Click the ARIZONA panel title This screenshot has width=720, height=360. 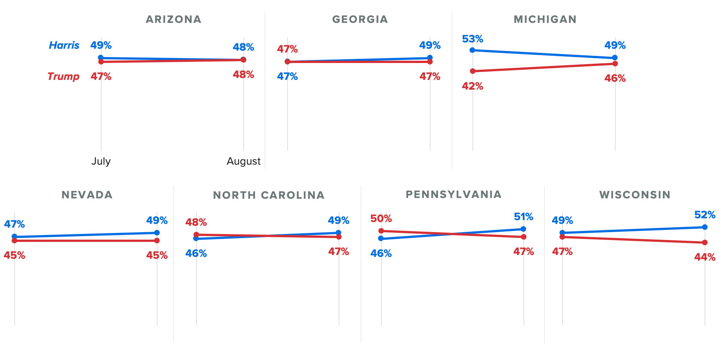(x=173, y=19)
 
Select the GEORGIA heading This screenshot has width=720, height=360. (x=360, y=19)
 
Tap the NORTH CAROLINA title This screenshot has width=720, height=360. (x=268, y=195)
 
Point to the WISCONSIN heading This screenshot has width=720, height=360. (x=634, y=195)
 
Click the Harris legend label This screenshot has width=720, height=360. (x=64, y=45)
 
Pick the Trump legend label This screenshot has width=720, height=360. (x=63, y=76)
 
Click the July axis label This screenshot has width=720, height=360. (x=101, y=161)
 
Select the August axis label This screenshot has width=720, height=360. (x=243, y=161)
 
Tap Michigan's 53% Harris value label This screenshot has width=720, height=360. (x=472, y=39)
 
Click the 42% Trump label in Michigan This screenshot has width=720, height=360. (x=472, y=86)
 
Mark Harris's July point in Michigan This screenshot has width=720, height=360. (x=472, y=50)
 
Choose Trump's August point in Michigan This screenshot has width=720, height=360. (x=615, y=64)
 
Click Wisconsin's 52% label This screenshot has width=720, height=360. (x=705, y=215)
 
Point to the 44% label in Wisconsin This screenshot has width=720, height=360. (x=705, y=257)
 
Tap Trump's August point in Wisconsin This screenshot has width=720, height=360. (x=705, y=243)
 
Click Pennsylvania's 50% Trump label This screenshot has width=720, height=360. (x=381, y=219)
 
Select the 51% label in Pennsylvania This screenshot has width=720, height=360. (x=523, y=217)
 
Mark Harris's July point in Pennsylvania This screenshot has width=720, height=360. (x=381, y=238)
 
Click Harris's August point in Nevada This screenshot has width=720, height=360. (x=157, y=232)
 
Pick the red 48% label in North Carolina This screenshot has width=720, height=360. (x=196, y=222)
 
